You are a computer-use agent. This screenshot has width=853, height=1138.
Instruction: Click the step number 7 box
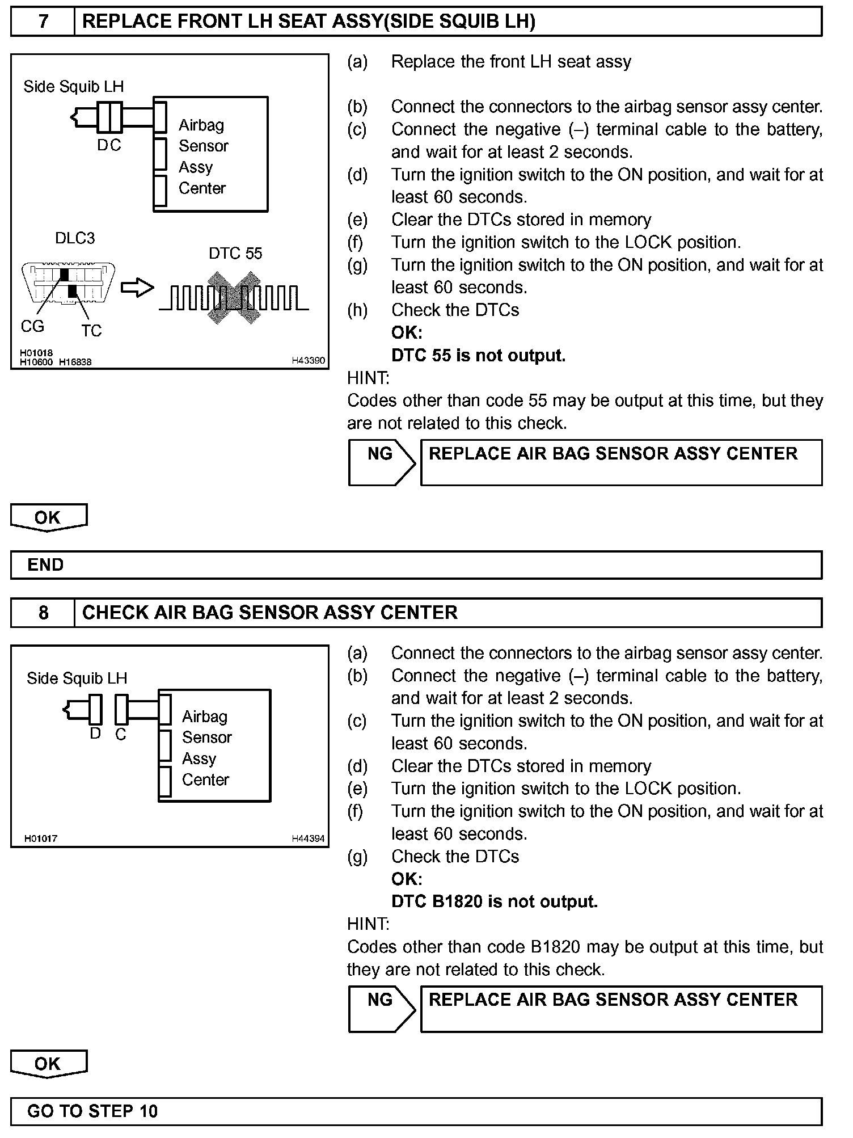(43, 22)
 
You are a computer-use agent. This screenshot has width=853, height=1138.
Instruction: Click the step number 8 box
(43, 613)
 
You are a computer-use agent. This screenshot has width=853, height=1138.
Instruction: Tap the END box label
(45, 565)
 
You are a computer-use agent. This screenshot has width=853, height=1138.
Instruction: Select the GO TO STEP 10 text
(92, 1111)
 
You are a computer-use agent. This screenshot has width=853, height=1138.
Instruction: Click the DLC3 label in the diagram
(75, 238)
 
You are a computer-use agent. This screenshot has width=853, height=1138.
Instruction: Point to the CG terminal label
(32, 327)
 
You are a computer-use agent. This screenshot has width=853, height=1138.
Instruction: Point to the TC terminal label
(91, 331)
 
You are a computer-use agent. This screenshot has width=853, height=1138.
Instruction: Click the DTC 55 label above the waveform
(235, 254)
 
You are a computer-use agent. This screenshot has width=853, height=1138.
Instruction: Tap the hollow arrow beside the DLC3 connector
(137, 288)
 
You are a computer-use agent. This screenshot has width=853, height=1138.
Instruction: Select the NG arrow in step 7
(381, 462)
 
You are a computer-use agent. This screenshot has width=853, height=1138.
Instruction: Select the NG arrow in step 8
(381, 1009)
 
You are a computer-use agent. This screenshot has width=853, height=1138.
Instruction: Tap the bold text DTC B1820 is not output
(495, 902)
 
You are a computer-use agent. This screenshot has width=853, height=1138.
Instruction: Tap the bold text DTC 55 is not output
(478, 356)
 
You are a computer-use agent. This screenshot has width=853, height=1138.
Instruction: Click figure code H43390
(309, 361)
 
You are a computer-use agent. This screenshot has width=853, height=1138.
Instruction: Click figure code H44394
(309, 838)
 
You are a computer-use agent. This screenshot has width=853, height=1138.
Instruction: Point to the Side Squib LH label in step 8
(77, 678)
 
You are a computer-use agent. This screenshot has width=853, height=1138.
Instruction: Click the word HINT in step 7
(368, 378)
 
